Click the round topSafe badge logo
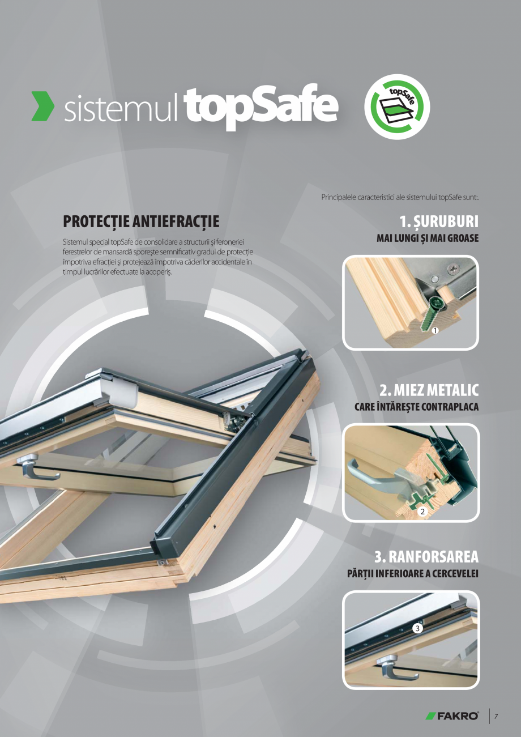click(397, 106)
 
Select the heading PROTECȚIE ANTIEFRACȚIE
click(141, 221)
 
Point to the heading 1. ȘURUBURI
click(439, 221)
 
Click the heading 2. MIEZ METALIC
click(429, 390)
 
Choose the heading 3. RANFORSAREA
click(426, 557)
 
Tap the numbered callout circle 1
click(435, 330)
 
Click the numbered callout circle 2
click(422, 512)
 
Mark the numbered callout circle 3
click(417, 629)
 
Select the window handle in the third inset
click(395, 667)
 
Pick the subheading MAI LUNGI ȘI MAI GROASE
click(428, 238)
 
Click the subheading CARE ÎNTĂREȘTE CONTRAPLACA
click(416, 407)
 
